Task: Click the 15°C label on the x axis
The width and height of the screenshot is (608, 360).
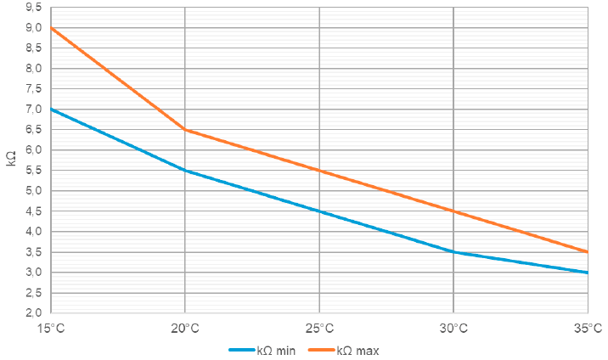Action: (51, 328)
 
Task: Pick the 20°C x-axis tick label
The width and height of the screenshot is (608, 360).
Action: (185, 328)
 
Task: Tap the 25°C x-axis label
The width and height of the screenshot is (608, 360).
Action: (319, 328)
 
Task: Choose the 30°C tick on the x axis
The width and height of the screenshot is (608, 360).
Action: (453, 328)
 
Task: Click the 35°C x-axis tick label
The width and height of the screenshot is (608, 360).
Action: (587, 328)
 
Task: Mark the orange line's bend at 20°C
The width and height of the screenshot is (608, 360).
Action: (185, 130)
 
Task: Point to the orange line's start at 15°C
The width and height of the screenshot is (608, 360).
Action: (51, 28)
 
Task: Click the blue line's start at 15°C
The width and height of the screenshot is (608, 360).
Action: (51, 110)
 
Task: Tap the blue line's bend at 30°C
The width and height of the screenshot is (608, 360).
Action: (453, 252)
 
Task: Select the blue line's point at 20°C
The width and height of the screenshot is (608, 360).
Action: (185, 171)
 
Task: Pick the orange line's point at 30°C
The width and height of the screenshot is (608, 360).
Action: (453, 211)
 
